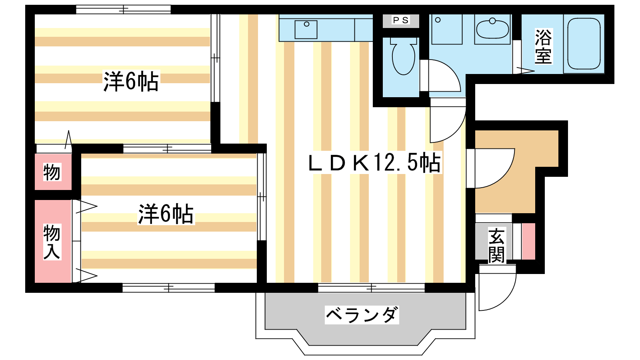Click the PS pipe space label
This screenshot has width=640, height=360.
tap(401, 20)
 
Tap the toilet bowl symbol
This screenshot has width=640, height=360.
tap(404, 56)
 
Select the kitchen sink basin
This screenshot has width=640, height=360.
tap(306, 30)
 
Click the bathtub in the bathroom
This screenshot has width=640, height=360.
tap(584, 44)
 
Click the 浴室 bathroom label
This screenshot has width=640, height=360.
tap(543, 46)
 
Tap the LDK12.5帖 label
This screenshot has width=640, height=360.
tap(374, 162)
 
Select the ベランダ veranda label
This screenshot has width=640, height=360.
tap(362, 315)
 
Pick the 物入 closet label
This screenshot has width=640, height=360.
tap(52, 242)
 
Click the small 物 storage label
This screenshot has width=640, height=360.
tap(52, 172)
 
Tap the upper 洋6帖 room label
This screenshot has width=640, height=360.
tap(130, 82)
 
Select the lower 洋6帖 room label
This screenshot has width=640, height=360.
tap(166, 214)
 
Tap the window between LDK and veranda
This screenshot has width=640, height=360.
tap(371, 288)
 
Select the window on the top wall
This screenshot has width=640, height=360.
tap(123, 10)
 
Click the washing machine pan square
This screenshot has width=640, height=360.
tap(447, 29)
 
